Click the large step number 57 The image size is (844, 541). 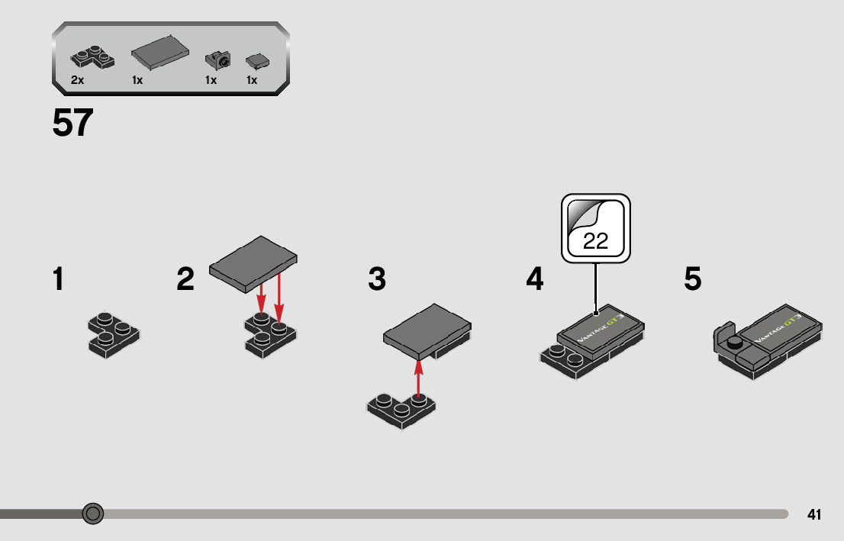click(73, 124)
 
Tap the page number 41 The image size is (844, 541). click(813, 515)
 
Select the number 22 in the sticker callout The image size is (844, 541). click(595, 241)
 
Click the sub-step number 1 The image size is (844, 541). click(58, 279)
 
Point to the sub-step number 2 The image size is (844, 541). click(185, 279)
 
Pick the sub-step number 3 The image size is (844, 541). click(377, 279)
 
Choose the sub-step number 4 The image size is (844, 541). click(535, 279)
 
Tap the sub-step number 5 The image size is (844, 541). click(692, 279)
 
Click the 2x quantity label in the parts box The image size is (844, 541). click(77, 80)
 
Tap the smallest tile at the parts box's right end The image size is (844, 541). click(256, 61)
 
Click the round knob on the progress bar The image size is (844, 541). click(93, 514)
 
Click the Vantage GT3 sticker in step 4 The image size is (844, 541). click(600, 330)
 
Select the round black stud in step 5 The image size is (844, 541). click(735, 342)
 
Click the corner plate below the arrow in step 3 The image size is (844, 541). click(400, 411)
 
